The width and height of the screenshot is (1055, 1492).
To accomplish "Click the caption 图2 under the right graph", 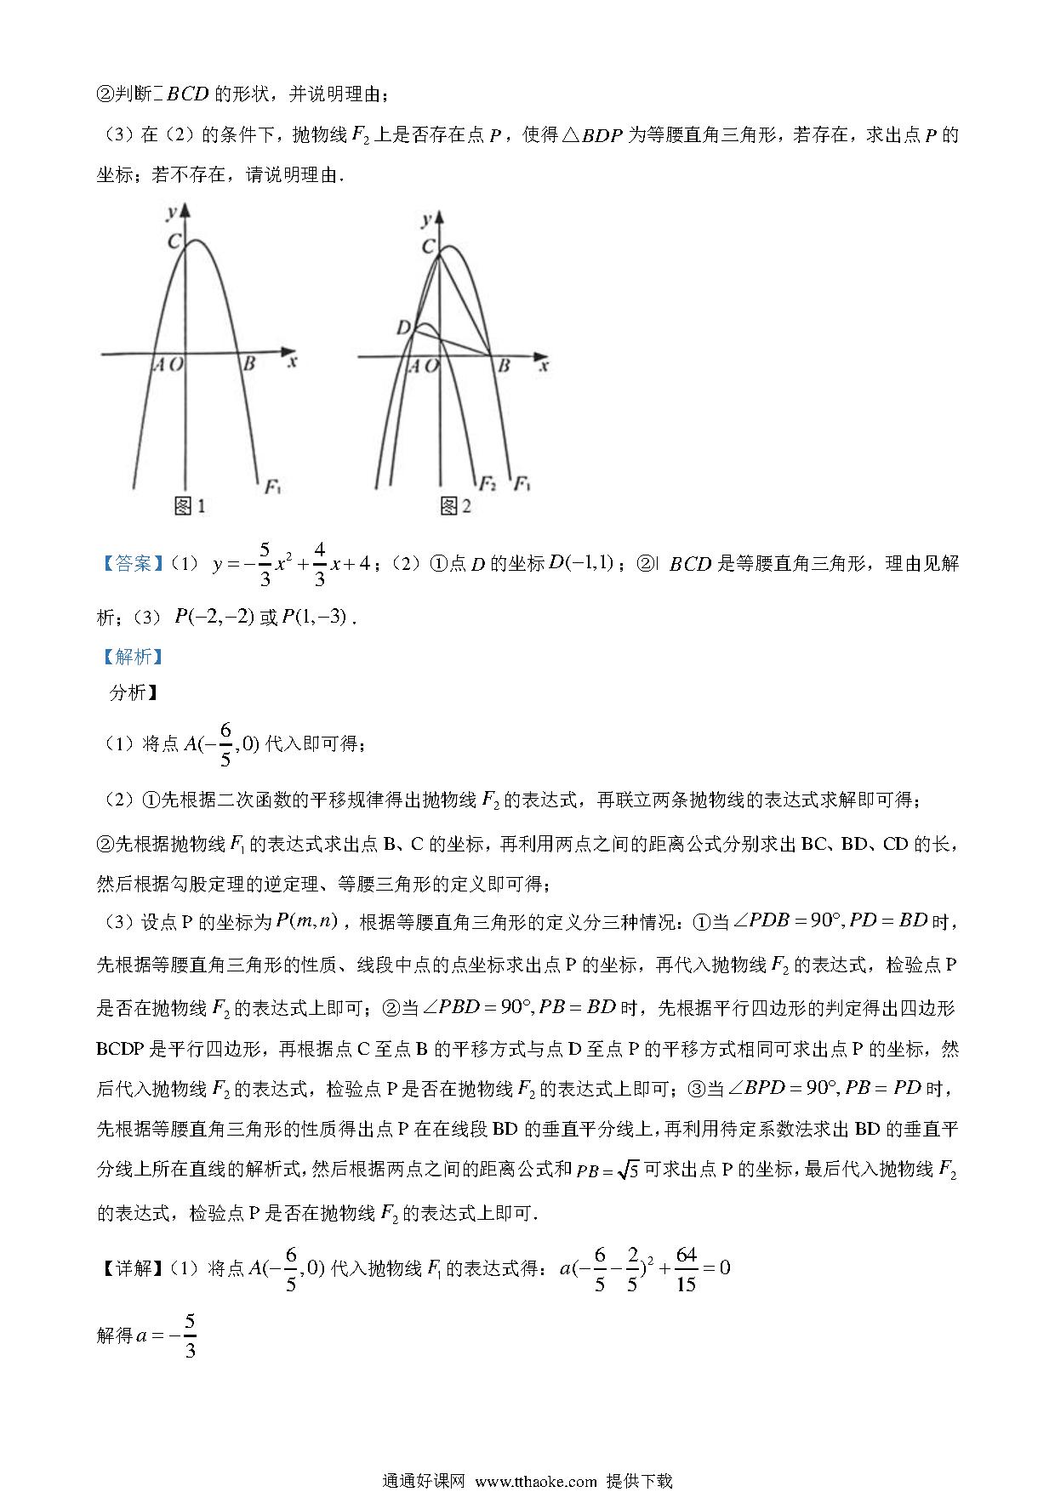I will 455,507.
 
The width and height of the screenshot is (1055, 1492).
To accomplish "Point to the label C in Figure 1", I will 174,242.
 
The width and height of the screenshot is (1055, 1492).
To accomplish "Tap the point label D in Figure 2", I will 403,327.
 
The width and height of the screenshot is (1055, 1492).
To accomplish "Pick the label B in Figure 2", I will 504,366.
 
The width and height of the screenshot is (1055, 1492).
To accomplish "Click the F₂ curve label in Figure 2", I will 487,484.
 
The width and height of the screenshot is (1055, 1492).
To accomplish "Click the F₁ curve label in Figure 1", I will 273,487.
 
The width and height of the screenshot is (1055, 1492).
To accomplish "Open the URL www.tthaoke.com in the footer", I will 536,1481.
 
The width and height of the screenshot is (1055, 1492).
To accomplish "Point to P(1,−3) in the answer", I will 315,618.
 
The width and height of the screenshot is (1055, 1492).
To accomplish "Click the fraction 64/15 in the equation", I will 685,1268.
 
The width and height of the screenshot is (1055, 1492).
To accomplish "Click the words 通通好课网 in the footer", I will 424,1481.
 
